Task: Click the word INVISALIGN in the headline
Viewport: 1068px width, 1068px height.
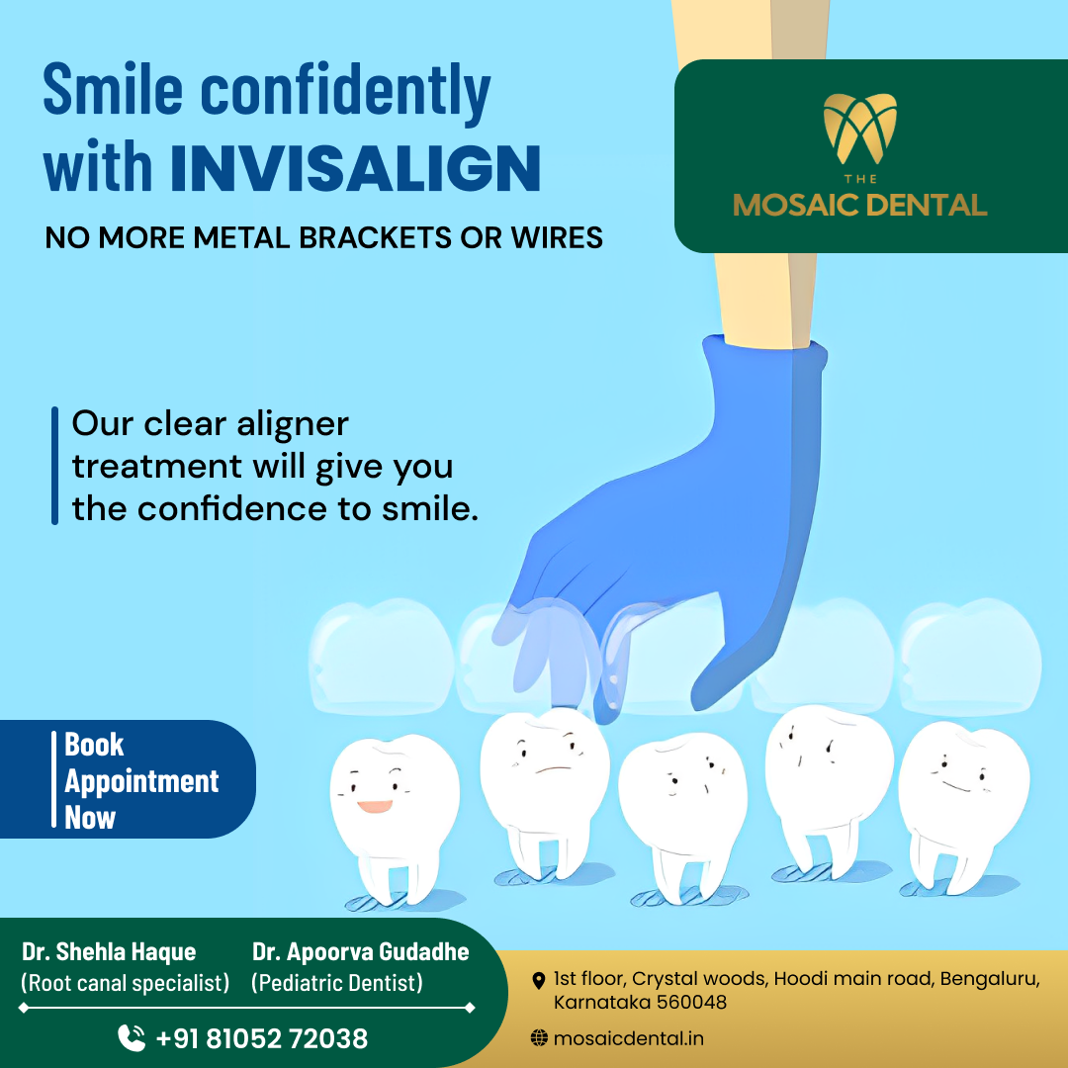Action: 355,167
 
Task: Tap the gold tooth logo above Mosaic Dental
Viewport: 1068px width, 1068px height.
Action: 859,128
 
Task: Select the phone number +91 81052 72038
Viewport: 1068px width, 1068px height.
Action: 261,1038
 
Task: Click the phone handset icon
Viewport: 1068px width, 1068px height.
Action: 132,1038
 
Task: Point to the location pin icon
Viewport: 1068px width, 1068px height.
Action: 538,981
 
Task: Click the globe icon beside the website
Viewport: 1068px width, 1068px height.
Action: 539,1038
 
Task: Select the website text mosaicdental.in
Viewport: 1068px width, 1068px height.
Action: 629,1038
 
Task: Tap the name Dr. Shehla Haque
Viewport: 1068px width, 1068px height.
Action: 109,951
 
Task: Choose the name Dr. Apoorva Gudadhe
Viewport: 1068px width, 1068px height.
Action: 360,951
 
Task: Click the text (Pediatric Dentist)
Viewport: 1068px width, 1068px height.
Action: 337,983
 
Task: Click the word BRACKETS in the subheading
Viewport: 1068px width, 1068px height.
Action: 376,237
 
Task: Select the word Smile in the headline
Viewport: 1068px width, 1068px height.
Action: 113,89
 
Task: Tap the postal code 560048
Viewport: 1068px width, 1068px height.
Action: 692,1003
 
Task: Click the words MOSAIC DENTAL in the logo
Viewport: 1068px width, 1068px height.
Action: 859,205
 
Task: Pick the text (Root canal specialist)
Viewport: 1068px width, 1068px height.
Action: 126,983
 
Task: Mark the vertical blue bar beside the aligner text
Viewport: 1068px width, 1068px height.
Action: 54,466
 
